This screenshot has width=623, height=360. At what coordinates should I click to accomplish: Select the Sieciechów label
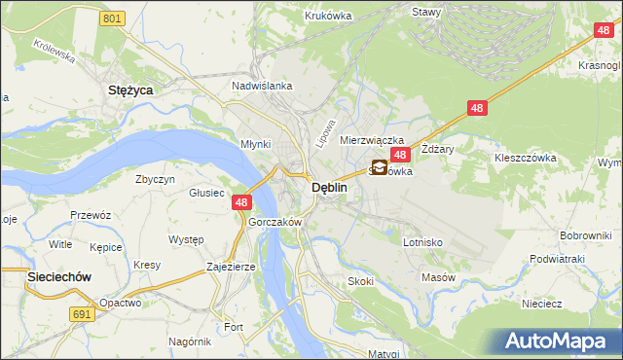pyautogui.click(x=58, y=277)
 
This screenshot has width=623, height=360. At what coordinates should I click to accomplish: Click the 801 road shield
pyautogui.click(x=113, y=18)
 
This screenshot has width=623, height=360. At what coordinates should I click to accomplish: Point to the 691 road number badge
pyautogui.click(x=83, y=314)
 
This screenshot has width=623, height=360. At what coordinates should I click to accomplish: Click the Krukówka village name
pyautogui.click(x=327, y=16)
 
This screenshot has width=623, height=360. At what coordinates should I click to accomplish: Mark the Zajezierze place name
pyautogui.click(x=231, y=266)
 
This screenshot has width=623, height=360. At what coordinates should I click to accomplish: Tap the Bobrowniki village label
pyautogui.click(x=585, y=236)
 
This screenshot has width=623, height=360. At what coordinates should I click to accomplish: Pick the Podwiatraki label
pyautogui.click(x=557, y=259)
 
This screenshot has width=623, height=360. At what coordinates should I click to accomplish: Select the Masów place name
pyautogui.click(x=439, y=277)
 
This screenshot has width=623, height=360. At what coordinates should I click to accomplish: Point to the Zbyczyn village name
pyautogui.click(x=156, y=180)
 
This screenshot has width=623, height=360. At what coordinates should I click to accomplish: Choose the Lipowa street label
pyautogui.click(x=326, y=134)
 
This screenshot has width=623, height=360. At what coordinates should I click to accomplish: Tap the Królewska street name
pyautogui.click(x=55, y=52)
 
